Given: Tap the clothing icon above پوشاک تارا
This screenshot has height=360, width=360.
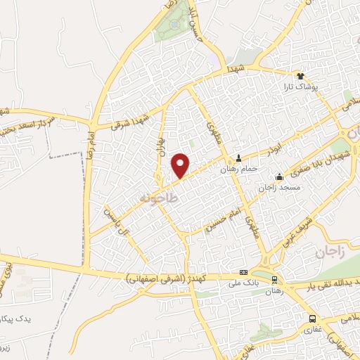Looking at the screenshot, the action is pos(300,76).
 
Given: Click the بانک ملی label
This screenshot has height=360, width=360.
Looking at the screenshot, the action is pos(244,283).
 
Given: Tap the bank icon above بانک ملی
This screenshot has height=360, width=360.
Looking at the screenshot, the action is pos(244,273).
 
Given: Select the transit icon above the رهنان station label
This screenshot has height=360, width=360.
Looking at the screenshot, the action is pos(274,278).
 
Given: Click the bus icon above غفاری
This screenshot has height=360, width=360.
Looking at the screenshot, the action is pos(311,318).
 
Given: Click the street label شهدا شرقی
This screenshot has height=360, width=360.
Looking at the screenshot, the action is pos(131,121).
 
